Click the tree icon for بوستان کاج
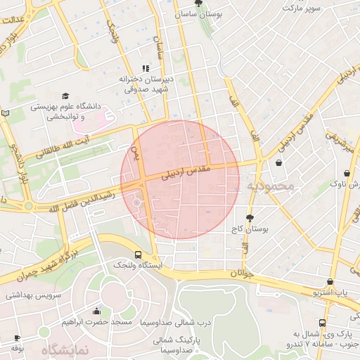(250, 217)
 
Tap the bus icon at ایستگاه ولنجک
(137, 255)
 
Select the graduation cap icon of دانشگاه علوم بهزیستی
(65, 96)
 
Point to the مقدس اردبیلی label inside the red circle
(186, 172)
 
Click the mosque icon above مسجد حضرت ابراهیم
(96, 311)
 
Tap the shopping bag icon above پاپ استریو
(330, 282)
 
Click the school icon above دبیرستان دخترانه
(144, 68)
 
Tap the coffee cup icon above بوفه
(17, 338)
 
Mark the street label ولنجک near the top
(112, 32)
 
